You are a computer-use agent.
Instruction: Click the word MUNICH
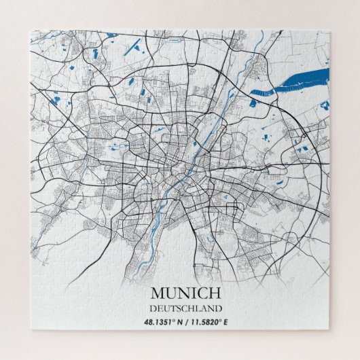coord(185,293)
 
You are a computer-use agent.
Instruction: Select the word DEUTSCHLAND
coord(185,308)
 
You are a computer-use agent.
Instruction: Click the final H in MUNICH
coord(214,293)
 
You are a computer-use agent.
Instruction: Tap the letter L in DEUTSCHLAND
coord(196,308)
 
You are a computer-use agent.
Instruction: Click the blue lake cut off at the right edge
coord(325,105)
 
